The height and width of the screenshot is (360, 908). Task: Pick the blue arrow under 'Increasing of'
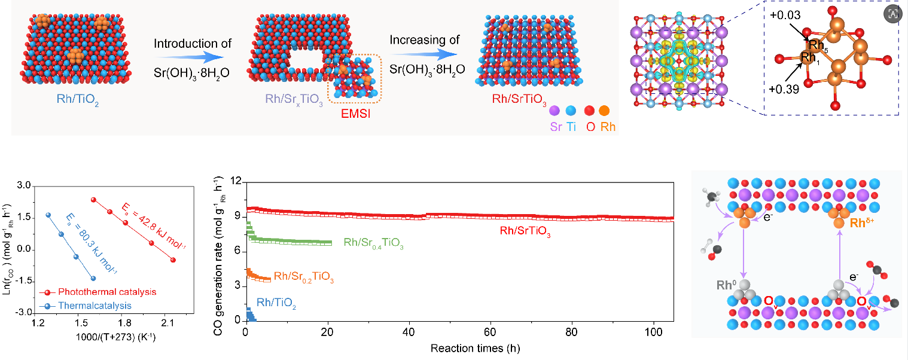[x=425, y=54]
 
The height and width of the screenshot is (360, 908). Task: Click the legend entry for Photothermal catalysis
[x=100, y=292]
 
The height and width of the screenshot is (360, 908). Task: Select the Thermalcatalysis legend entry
[x=88, y=306]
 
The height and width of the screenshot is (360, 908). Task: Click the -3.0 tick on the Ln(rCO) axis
[x=25, y=313]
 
